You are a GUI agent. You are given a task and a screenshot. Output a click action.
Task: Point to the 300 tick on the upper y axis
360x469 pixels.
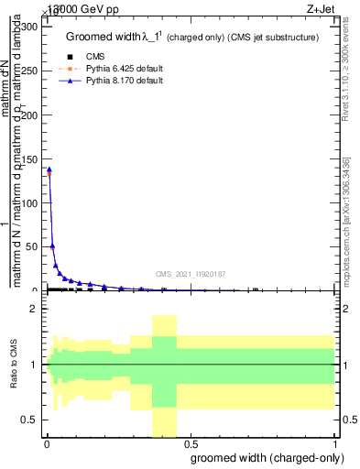point(30,26)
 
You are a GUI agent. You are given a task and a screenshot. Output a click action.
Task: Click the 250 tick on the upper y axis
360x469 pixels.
point(30,71)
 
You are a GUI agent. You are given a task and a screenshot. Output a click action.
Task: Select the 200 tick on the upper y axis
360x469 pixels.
point(30,115)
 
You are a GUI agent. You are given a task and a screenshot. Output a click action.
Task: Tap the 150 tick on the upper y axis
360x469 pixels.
point(30,158)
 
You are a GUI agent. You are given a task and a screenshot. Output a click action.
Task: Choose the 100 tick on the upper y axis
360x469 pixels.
point(30,202)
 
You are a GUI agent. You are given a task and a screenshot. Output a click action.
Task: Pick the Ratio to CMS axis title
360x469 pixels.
point(14,365)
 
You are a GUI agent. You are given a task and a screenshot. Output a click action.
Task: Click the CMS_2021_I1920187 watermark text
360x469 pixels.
point(191,274)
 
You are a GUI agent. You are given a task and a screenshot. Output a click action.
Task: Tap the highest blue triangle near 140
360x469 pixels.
point(49,169)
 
